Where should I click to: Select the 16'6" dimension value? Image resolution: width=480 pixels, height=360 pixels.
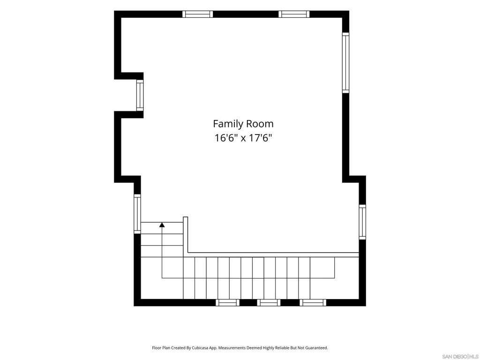[x=226, y=138]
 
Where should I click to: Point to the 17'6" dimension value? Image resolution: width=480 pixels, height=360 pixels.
[x=260, y=138]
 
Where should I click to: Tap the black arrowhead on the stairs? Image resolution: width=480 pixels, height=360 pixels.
[x=162, y=225]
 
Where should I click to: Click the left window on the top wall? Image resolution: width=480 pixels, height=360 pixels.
[x=197, y=14]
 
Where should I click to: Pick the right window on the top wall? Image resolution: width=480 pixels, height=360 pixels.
[x=294, y=14]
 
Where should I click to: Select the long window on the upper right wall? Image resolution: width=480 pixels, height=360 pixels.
[x=345, y=63]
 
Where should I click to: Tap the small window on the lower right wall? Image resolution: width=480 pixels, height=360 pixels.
[x=362, y=222]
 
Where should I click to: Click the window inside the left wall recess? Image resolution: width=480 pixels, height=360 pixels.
[x=140, y=95]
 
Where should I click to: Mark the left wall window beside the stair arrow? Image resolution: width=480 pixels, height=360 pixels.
[x=137, y=214]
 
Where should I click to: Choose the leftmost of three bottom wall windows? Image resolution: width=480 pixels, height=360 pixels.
[x=227, y=302]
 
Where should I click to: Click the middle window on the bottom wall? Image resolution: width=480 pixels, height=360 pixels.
[x=269, y=302]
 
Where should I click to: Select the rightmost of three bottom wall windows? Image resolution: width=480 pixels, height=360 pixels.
[x=313, y=302]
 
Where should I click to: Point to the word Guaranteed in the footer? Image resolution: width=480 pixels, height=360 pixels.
[x=317, y=348]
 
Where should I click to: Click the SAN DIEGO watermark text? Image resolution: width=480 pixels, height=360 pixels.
[x=455, y=357]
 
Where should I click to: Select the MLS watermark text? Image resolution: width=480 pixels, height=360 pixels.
[x=473, y=357]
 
